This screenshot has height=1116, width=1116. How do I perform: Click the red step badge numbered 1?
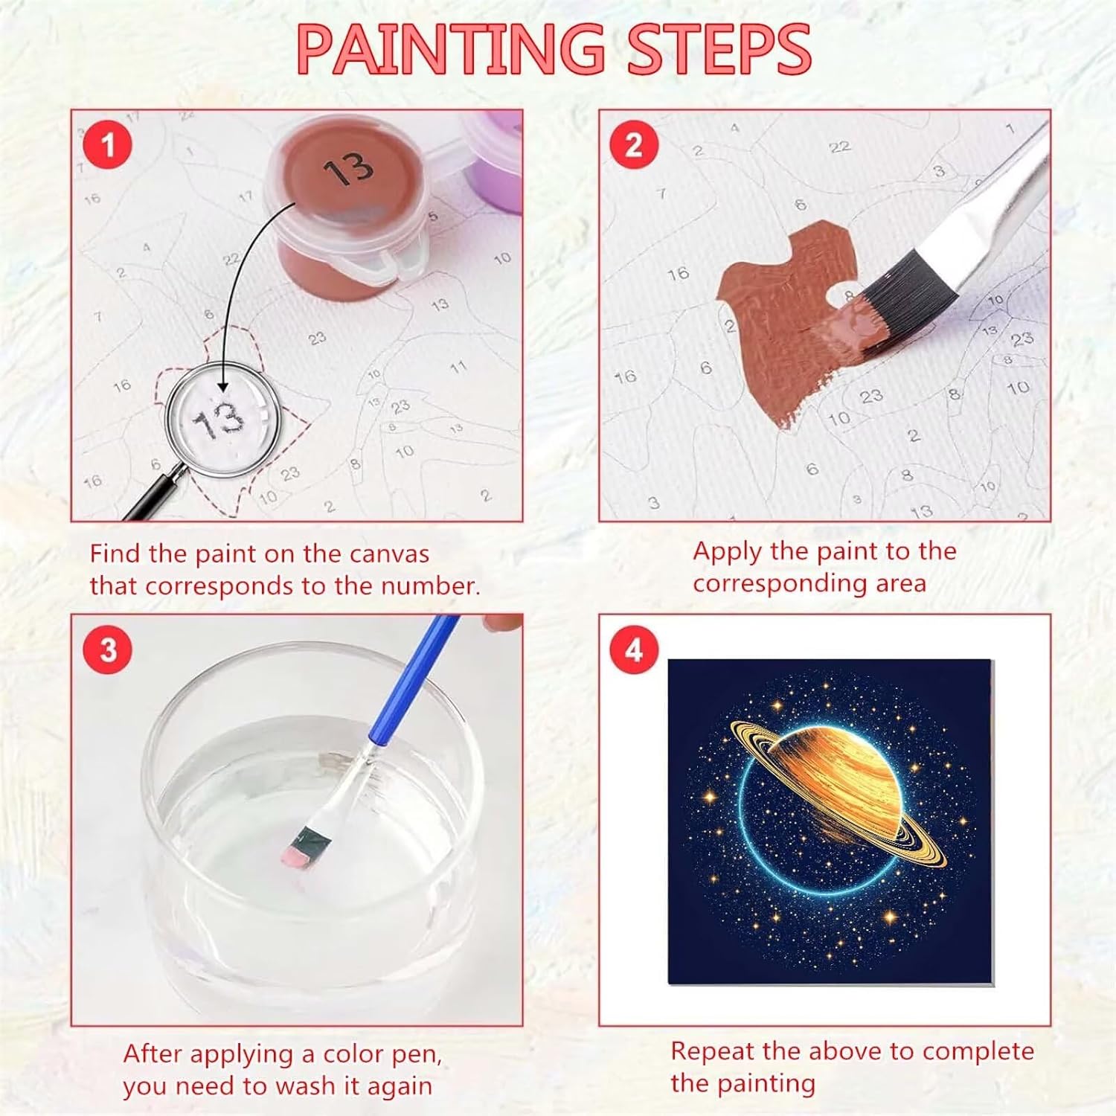[108, 144]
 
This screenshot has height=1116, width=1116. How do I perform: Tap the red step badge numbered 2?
[634, 144]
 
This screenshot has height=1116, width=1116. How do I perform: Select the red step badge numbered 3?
[108, 650]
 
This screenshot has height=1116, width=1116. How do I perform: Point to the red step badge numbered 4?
[634, 650]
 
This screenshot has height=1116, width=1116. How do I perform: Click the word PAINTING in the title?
[451, 49]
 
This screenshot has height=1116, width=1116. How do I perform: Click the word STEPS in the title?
[719, 49]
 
